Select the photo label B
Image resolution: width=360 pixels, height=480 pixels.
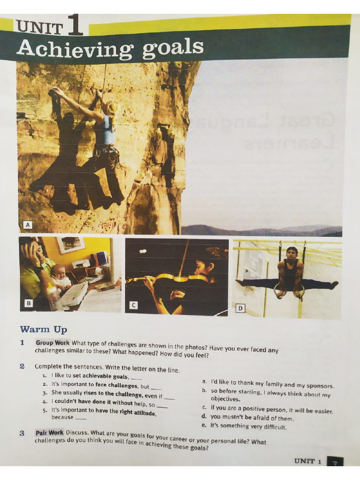29,303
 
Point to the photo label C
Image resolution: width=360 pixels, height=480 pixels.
133,306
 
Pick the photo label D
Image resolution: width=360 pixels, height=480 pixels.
240,308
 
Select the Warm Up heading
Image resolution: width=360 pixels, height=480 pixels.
44,329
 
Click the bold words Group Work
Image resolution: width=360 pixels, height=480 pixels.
52,342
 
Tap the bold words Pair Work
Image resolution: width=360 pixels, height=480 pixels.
49,433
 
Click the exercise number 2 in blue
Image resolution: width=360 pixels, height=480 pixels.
22,366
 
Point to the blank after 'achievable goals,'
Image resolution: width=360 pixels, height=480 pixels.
136,377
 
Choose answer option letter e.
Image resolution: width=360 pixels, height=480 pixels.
203,426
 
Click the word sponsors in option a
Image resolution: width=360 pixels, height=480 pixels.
318,386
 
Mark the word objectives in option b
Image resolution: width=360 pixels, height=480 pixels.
225,399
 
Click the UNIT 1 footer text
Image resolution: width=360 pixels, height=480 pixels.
307,461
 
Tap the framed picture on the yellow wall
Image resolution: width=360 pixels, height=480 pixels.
70,244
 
